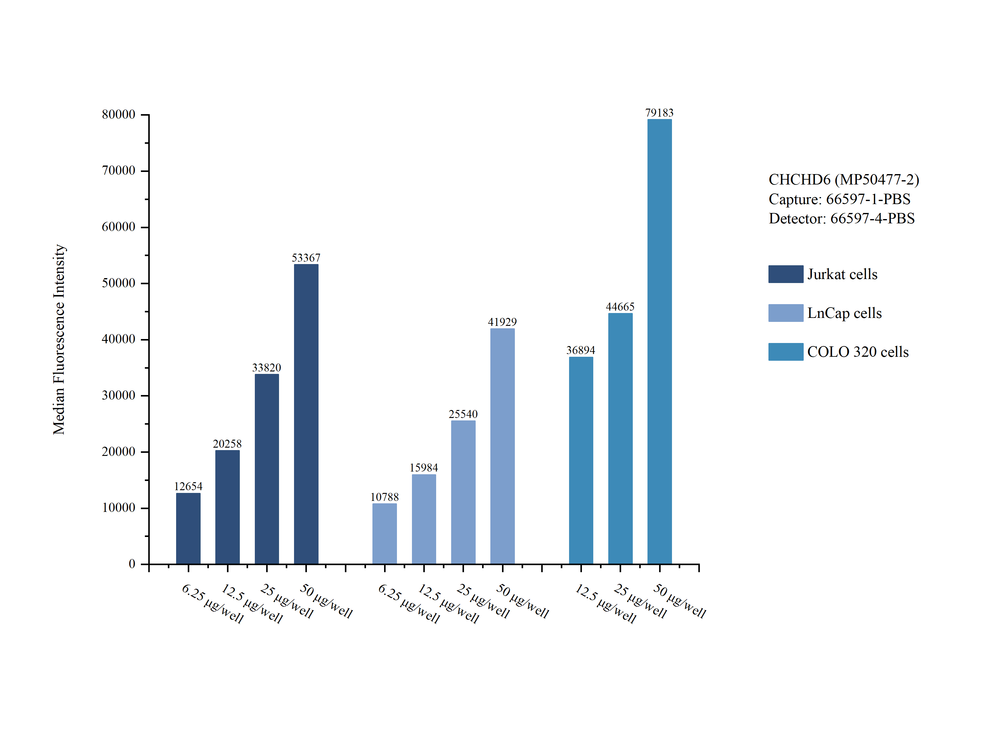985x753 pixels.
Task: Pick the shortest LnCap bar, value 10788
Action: tap(384, 533)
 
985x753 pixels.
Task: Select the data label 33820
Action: tap(266, 367)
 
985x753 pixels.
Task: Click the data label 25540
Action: tap(463, 414)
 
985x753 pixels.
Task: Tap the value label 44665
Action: tap(620, 307)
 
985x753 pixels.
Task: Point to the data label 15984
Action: tap(423, 468)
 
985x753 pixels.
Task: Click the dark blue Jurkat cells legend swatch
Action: tap(785, 274)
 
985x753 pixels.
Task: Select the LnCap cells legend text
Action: tap(844, 313)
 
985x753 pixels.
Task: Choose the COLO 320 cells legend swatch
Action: tap(785, 352)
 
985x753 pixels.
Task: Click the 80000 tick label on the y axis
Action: tap(119, 114)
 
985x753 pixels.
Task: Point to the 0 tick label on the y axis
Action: tap(132, 564)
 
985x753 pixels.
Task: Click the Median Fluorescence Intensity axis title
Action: tap(59, 339)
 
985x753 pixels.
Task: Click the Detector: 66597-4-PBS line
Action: tap(841, 218)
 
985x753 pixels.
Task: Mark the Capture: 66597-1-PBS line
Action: tap(839, 199)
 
